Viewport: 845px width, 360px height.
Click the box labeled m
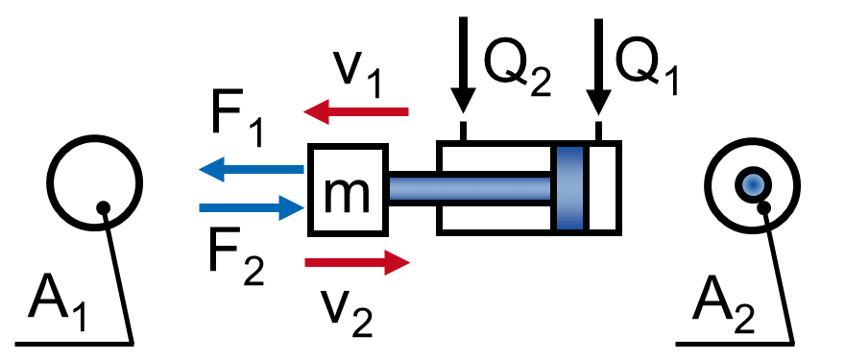[349, 190]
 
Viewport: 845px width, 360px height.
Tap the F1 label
[237, 123]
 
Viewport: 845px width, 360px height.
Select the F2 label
[236, 260]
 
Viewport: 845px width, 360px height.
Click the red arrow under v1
[356, 112]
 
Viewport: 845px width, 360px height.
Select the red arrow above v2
[357, 262]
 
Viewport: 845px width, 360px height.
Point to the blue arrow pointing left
[252, 169]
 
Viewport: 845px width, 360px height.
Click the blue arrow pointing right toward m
[252, 207]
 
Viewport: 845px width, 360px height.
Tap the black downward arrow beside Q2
[463, 64]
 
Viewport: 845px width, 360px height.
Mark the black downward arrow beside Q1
[598, 67]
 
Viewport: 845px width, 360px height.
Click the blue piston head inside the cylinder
[569, 188]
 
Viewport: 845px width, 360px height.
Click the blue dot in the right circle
[753, 185]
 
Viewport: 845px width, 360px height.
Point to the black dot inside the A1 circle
[103, 208]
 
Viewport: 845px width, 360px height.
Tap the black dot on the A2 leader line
[763, 207]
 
